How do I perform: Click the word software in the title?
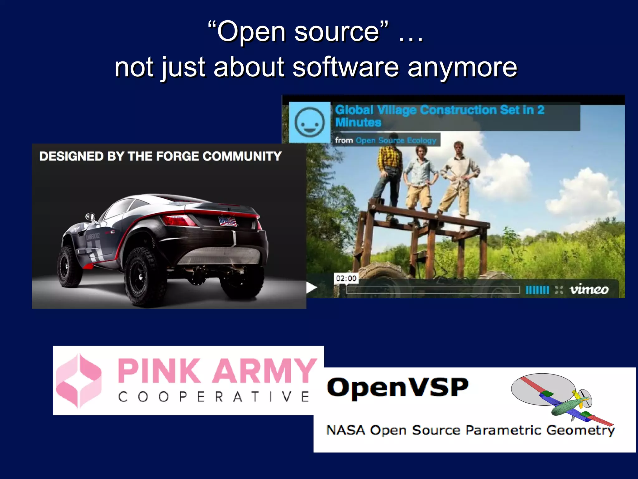(345, 67)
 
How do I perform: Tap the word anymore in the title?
(462, 68)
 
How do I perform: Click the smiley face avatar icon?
(309, 122)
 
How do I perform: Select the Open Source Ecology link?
(396, 140)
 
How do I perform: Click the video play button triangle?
(311, 288)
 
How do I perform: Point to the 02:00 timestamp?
(346, 278)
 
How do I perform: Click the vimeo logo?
(589, 290)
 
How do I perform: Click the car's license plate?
(228, 221)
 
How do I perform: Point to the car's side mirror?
(90, 216)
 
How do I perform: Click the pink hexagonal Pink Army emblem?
(79, 380)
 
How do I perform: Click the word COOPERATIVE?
(214, 397)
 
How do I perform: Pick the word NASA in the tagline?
(345, 430)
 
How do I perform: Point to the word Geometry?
(580, 431)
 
